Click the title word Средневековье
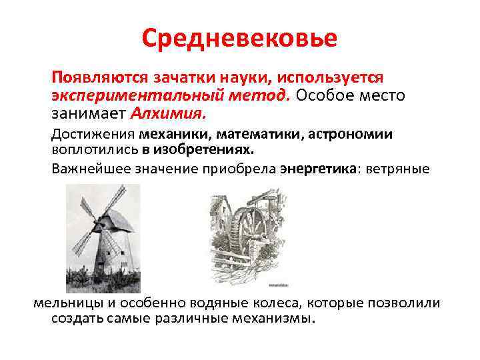[239, 38]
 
